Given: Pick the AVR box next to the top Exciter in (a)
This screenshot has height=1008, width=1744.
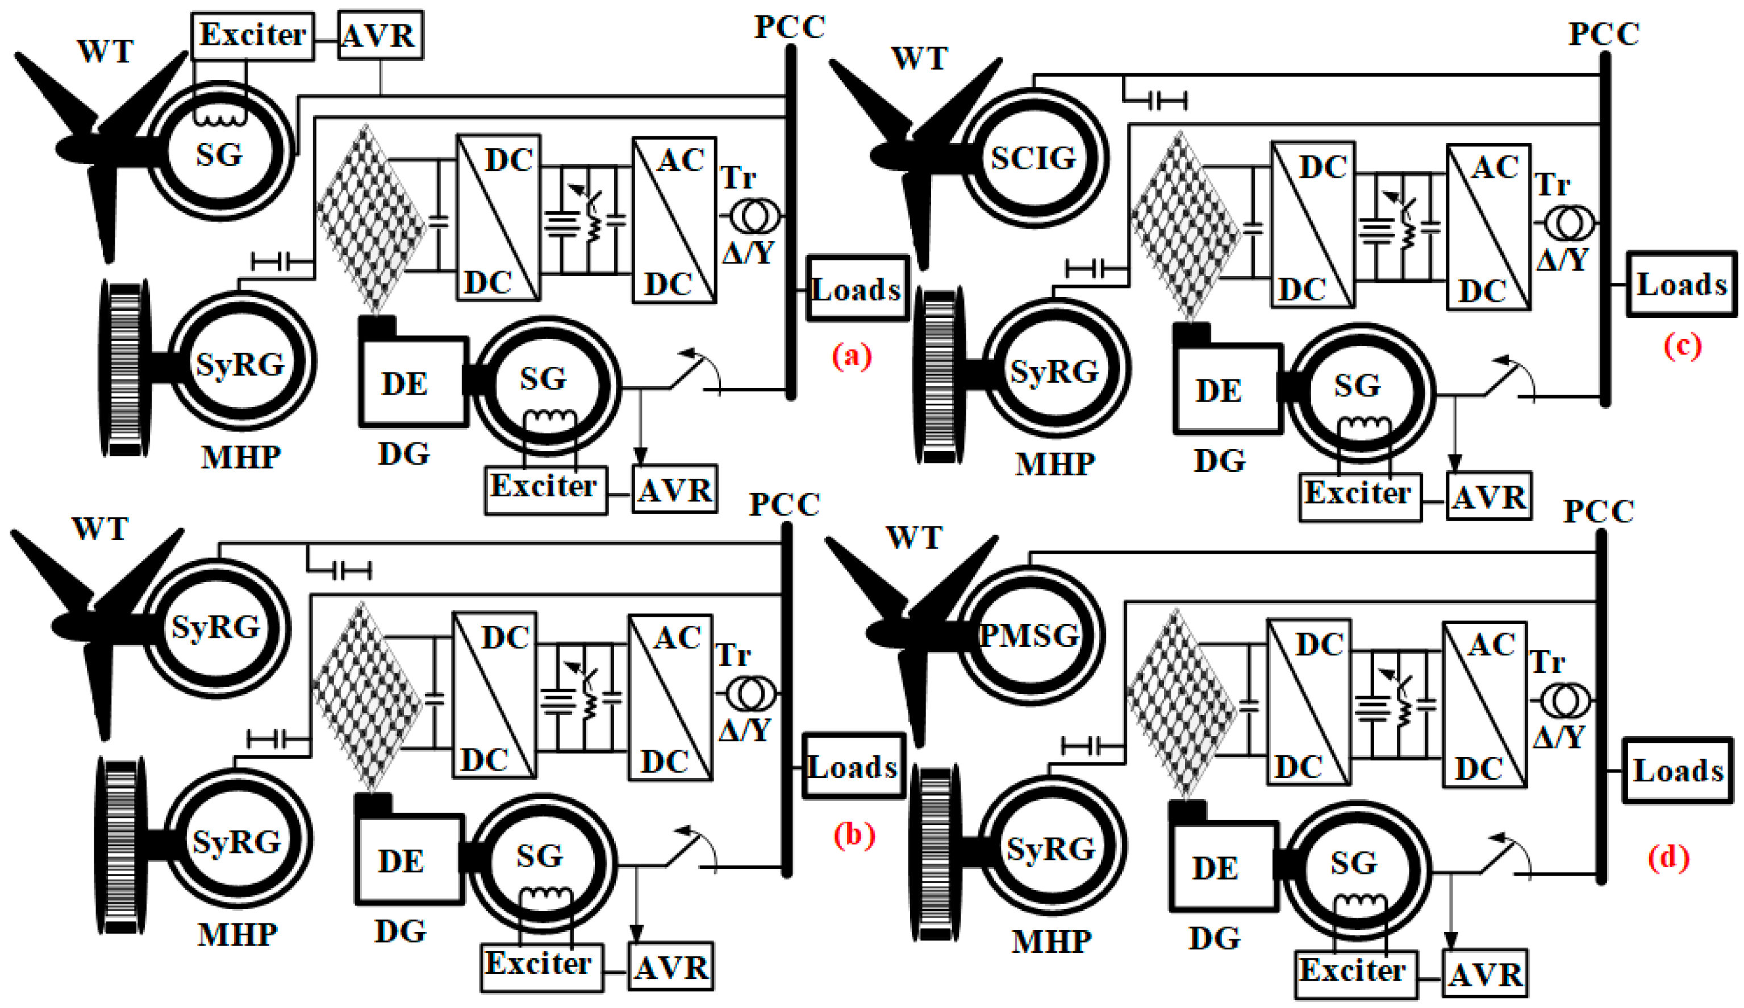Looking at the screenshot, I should [x=380, y=35].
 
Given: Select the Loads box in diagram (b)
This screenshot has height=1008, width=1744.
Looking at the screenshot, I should [x=853, y=766].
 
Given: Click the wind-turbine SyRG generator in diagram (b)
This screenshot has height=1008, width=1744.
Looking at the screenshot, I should [x=216, y=628].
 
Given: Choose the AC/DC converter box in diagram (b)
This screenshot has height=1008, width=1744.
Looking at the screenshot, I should [x=670, y=697].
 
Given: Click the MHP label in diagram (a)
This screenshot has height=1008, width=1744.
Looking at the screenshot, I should [x=241, y=457].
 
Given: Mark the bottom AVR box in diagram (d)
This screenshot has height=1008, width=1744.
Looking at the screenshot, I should [x=1485, y=974].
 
